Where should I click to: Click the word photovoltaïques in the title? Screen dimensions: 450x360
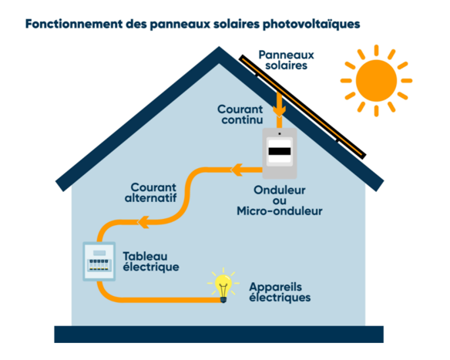[311, 24]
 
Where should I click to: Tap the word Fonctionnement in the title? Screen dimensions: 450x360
[74, 24]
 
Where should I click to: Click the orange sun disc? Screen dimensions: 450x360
[376, 81]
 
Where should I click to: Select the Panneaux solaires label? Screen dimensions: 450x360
[286, 60]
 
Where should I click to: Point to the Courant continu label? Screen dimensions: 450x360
[240, 114]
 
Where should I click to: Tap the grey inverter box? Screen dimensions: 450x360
[280, 153]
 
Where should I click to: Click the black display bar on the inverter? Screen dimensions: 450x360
[280, 151]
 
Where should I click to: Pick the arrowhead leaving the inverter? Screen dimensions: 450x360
[237, 170]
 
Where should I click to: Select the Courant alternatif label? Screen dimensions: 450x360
[151, 193]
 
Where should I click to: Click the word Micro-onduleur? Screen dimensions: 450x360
[280, 211]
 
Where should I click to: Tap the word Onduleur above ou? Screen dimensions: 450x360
[280, 190]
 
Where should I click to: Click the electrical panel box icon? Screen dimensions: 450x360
[99, 261]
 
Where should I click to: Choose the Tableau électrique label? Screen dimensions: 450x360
[151, 261]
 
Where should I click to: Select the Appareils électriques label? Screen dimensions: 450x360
[280, 292]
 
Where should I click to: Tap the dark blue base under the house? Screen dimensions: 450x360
[219, 334]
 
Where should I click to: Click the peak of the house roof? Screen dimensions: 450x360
[219, 47]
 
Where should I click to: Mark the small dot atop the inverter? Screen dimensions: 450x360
[280, 134]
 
